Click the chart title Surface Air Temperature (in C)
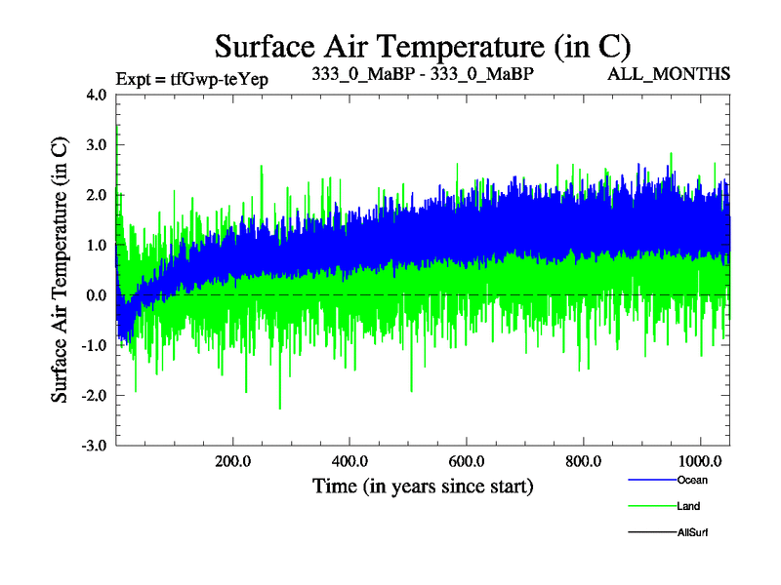(423, 47)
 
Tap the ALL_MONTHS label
(682, 74)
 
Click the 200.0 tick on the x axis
(232, 460)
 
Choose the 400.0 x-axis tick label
(349, 460)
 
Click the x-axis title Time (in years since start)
(423, 485)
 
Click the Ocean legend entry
(691, 480)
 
